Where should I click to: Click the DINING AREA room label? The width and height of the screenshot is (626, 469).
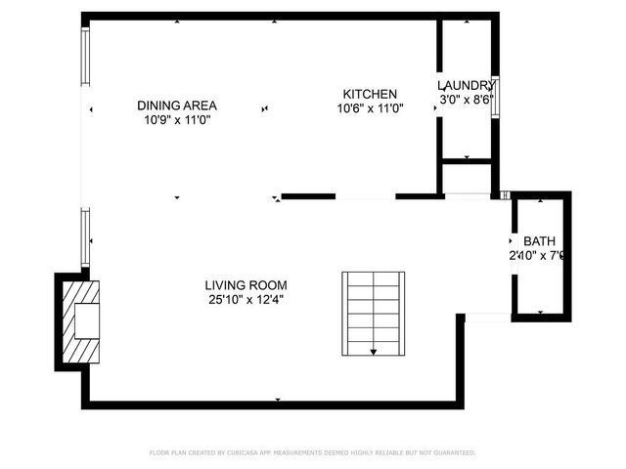177,106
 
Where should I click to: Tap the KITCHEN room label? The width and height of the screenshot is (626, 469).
370,94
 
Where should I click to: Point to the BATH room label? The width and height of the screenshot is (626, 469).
538,241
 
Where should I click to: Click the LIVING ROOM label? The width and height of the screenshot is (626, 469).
246,285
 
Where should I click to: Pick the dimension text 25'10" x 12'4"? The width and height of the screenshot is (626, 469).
246,300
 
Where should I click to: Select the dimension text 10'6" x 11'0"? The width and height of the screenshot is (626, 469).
370,108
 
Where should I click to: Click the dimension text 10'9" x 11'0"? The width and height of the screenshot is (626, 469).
177,120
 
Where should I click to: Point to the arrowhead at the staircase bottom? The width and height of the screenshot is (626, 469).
373,350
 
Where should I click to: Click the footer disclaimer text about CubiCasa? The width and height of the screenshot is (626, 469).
312,453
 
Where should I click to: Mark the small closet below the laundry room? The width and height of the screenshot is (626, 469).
467,178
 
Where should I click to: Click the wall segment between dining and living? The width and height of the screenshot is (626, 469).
309,196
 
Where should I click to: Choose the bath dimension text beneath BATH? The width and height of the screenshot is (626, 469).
538,256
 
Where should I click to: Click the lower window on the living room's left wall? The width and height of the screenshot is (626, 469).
85,237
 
